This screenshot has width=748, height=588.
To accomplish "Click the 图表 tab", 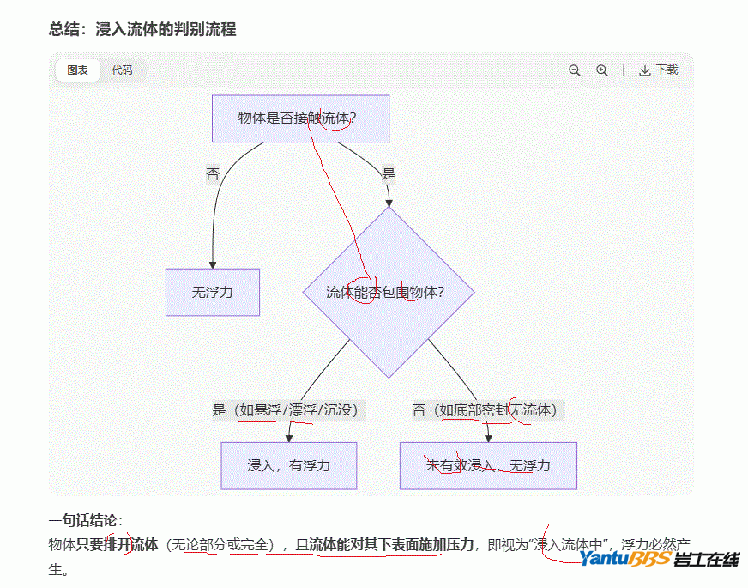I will [78, 70].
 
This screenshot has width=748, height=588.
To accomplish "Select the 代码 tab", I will [122, 70].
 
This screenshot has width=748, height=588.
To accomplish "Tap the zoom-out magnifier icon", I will [575, 70].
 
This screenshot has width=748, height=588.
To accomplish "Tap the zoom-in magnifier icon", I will [602, 70].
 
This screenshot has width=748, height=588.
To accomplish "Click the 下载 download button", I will [658, 70].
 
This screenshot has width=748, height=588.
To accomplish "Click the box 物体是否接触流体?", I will [300, 118].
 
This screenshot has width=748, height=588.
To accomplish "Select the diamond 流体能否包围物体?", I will [388, 292].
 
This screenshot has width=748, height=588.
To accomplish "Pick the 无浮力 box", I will [212, 292].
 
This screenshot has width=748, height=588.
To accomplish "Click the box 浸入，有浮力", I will [288, 465].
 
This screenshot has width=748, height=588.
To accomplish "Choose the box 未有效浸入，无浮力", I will [487, 465].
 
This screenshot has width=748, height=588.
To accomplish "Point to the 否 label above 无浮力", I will [213, 174].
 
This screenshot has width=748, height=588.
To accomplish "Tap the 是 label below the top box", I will [389, 174].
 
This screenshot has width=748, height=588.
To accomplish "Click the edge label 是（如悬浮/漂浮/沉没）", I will [289, 410].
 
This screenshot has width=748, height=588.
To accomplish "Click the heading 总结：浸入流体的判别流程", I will [142, 29].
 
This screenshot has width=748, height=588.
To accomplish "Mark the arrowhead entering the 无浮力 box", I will [213, 264].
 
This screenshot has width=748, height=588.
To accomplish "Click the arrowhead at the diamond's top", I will [389, 203].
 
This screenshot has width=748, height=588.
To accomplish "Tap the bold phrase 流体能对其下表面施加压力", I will [391, 543].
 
